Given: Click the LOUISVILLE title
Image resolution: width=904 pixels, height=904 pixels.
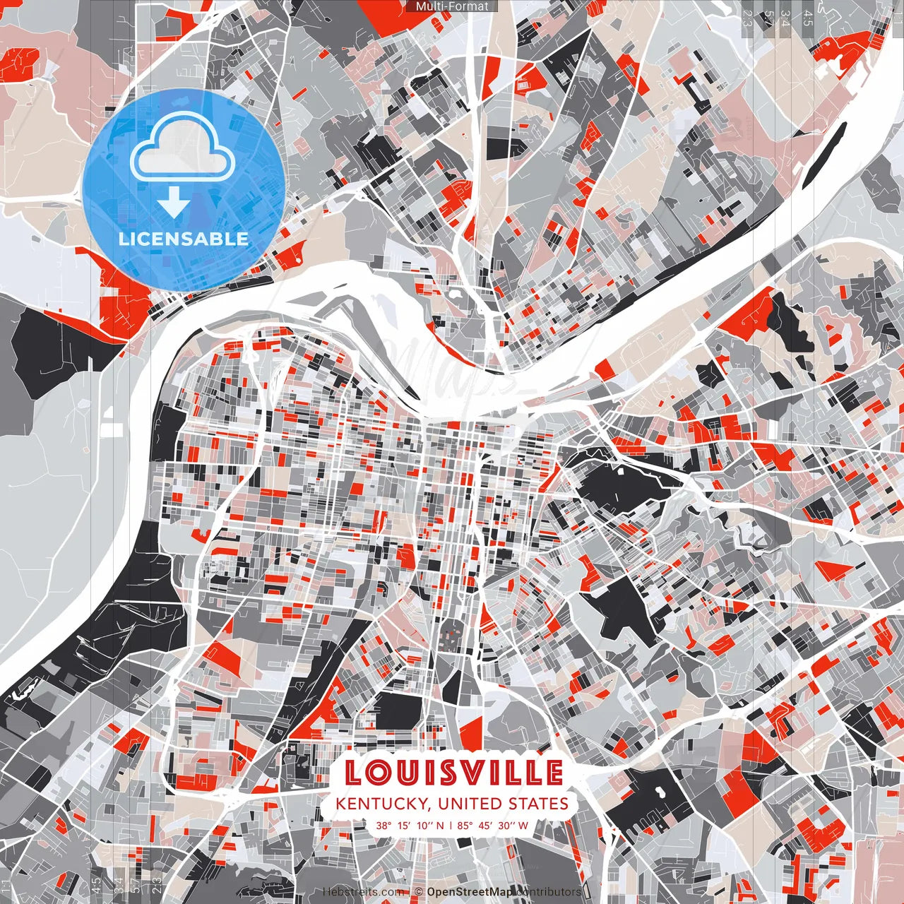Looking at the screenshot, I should click(x=454, y=772).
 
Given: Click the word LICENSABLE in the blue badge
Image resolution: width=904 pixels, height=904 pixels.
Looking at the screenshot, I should click(x=184, y=239).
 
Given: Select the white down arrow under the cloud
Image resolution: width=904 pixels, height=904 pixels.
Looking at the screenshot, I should click(x=174, y=203).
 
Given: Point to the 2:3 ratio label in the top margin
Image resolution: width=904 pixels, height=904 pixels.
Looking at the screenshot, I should click(x=747, y=18).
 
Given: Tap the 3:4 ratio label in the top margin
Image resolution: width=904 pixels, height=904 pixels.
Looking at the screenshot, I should click(x=783, y=18).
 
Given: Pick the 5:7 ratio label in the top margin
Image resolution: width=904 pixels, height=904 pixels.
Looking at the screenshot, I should click(x=768, y=18).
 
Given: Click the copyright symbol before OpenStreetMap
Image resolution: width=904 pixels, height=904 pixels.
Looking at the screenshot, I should click(x=419, y=892).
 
